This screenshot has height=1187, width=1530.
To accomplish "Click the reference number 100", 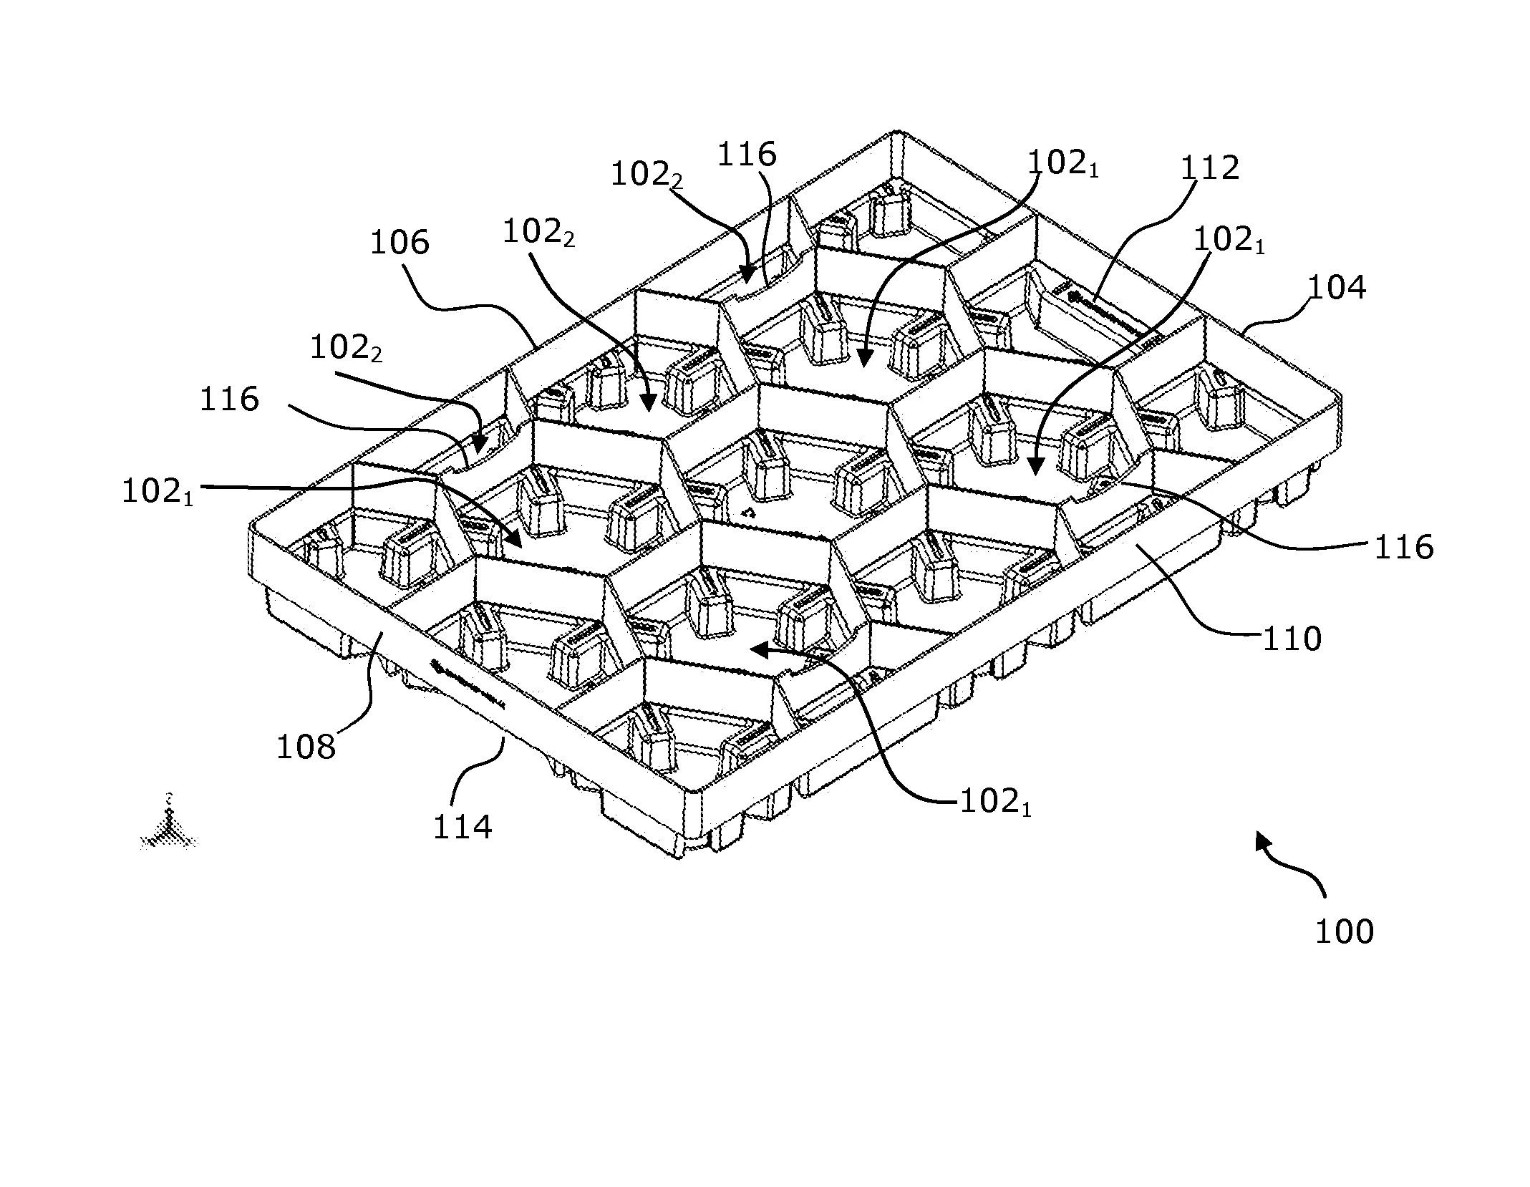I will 1344,932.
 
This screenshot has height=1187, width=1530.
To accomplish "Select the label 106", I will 399,243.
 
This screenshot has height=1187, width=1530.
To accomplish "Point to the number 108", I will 306,747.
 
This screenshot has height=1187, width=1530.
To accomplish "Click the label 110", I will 1292,639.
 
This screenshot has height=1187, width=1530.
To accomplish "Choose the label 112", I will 1209,168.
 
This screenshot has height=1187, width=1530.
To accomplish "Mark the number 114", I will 463,828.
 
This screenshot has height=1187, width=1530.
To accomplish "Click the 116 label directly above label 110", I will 1403,548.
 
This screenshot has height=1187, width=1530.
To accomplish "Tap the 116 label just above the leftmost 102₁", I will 229,399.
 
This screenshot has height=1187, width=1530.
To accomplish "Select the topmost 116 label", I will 746,154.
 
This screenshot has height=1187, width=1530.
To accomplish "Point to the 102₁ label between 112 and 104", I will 1229,241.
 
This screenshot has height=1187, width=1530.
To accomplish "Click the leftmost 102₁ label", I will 158,493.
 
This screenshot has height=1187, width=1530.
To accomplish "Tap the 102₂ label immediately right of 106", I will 538,233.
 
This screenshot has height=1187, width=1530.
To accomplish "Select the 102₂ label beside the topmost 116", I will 646,175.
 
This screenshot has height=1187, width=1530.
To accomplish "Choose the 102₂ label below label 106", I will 345,349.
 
